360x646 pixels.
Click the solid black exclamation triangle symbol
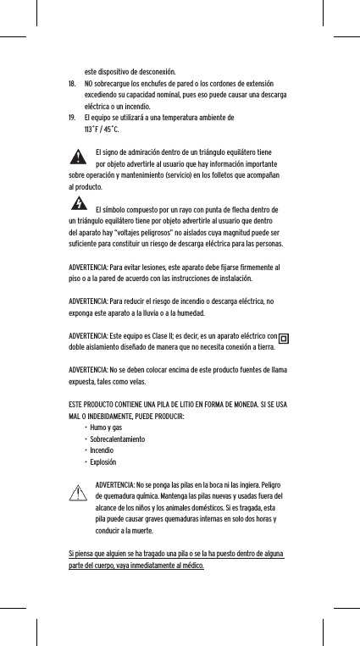(78, 157)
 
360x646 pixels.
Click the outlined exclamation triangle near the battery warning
(80, 492)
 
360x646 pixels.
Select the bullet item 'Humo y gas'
(108, 429)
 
